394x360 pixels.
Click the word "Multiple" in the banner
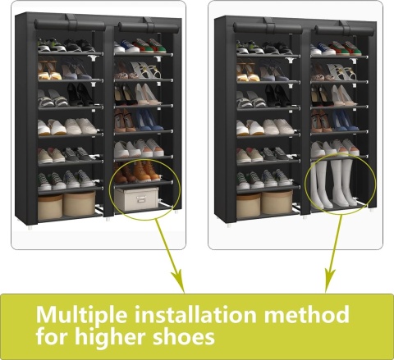click(81, 315)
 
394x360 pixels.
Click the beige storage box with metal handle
click(136, 198)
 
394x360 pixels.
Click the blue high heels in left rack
click(148, 120)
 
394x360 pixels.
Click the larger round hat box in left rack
click(80, 203)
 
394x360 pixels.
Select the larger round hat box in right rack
click(277, 203)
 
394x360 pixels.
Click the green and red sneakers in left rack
click(149, 46)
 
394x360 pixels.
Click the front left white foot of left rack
click(30, 227)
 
